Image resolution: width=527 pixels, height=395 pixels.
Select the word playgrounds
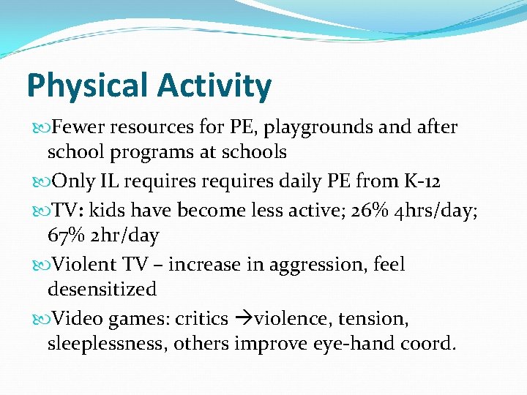pos(331,128)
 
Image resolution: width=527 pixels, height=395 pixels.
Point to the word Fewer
pos(78,128)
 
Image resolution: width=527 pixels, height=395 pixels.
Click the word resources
pos(153,128)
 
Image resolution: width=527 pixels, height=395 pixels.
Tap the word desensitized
pos(102,290)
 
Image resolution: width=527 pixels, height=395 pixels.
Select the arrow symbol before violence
pos(243,318)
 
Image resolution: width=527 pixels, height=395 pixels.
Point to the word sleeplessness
pos(107,344)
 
